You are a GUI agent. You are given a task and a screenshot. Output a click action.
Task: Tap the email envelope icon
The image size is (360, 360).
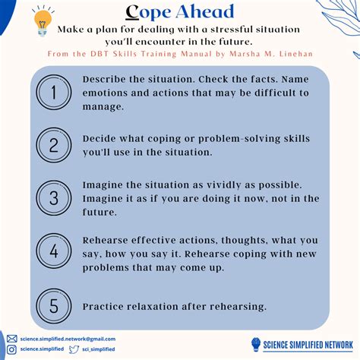coord(11,339)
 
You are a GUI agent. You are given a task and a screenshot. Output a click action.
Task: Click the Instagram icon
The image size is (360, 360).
coord(11,349)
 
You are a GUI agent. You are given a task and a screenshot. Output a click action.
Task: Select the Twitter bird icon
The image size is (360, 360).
coord(74,349)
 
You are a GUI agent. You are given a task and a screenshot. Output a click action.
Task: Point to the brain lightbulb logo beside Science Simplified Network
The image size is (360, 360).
coord(255,344)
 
